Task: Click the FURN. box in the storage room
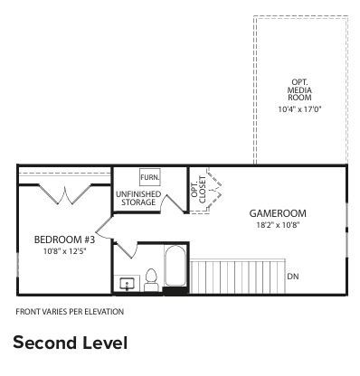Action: [149, 178]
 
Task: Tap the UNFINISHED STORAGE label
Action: [138, 199]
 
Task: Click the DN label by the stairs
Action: [292, 276]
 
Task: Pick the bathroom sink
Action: [127, 284]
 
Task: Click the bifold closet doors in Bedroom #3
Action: [63, 193]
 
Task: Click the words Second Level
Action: [70, 343]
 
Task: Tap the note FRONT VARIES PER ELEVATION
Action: [70, 312]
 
